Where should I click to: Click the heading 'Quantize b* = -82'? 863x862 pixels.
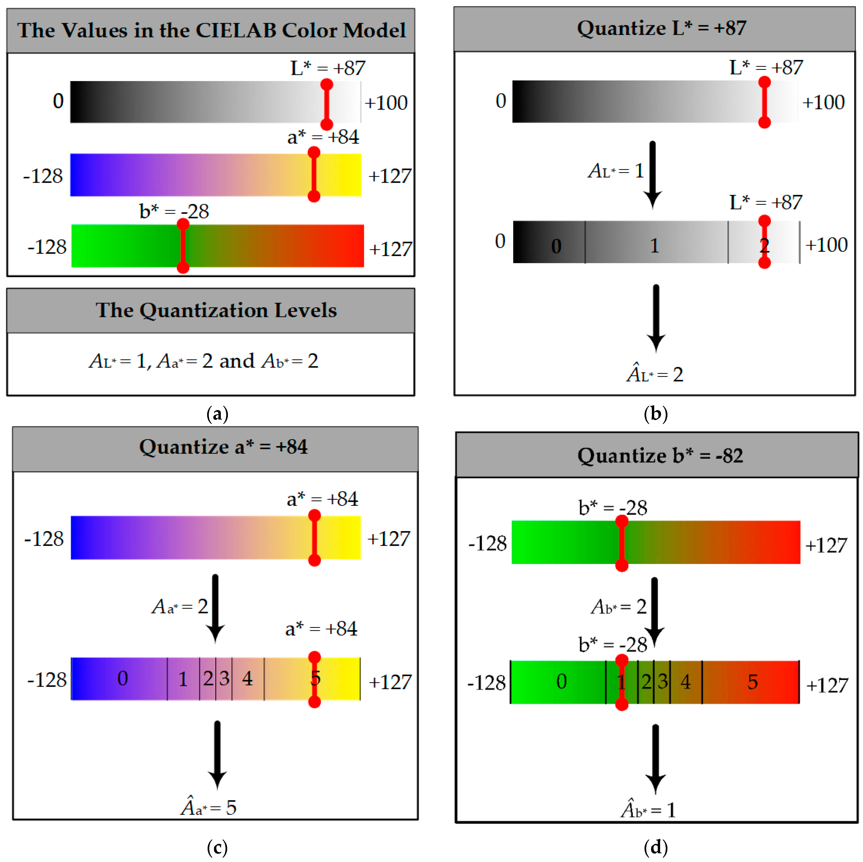tap(660, 456)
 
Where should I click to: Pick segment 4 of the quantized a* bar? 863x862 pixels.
tap(247, 679)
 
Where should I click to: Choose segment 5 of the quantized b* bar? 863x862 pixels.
tap(753, 682)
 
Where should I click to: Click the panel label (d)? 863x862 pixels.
tap(656, 847)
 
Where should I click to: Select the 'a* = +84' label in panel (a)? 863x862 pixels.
tap(323, 137)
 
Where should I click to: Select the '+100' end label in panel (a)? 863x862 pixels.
tap(386, 103)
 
